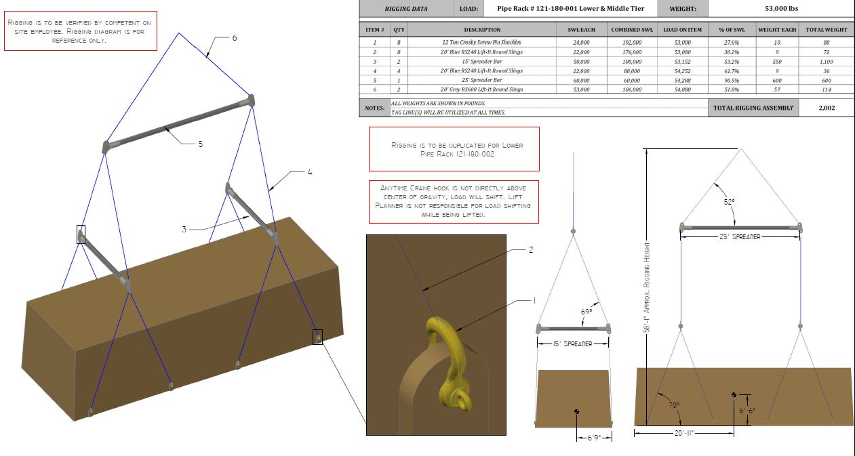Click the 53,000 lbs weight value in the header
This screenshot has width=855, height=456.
781,8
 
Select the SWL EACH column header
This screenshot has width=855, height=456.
581,30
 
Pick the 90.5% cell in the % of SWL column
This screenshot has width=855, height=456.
732,81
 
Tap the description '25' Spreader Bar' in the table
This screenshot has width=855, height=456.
481,80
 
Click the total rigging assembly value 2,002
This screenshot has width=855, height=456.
827,108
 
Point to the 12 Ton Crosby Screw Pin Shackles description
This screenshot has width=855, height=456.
481,43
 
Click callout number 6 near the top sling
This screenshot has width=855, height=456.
235,38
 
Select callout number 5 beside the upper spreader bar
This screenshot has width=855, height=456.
201,144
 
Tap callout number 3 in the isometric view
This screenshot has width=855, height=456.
184,229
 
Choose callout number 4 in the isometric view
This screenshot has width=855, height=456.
310,172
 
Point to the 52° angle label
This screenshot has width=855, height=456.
729,202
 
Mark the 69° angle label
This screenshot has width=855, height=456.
586,312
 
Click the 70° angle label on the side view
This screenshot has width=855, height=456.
674,405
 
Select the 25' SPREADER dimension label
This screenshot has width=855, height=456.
740,236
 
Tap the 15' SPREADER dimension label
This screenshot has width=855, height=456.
572,344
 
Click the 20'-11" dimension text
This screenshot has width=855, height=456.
684,433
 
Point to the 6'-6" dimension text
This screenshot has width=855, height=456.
747,411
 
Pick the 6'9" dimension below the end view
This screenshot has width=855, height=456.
594,438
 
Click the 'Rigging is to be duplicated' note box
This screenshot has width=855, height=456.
454,149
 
